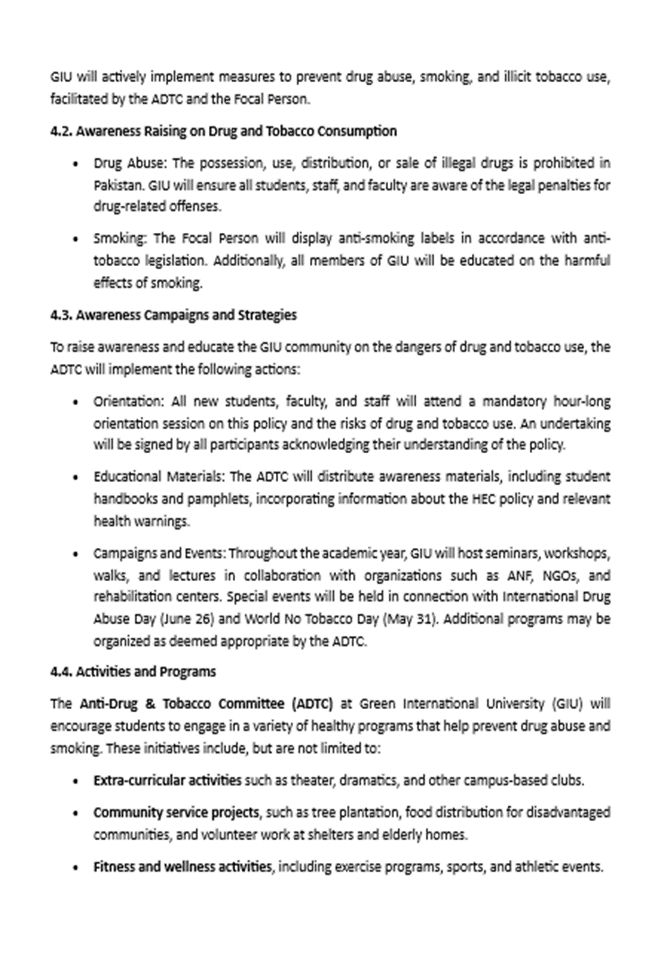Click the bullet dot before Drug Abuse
[76, 163]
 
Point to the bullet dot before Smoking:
[76, 239]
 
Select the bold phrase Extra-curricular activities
[167, 781]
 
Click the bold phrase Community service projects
[176, 813]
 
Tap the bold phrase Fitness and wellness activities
[182, 867]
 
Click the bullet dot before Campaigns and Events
[76, 554]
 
